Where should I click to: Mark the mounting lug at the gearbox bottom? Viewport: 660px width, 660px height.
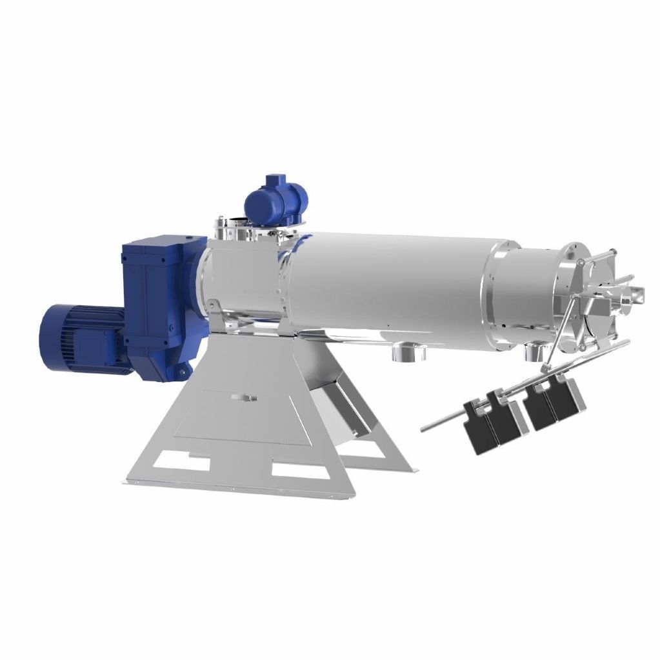(x=183, y=372)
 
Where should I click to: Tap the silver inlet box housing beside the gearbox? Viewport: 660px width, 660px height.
(x=239, y=277)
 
